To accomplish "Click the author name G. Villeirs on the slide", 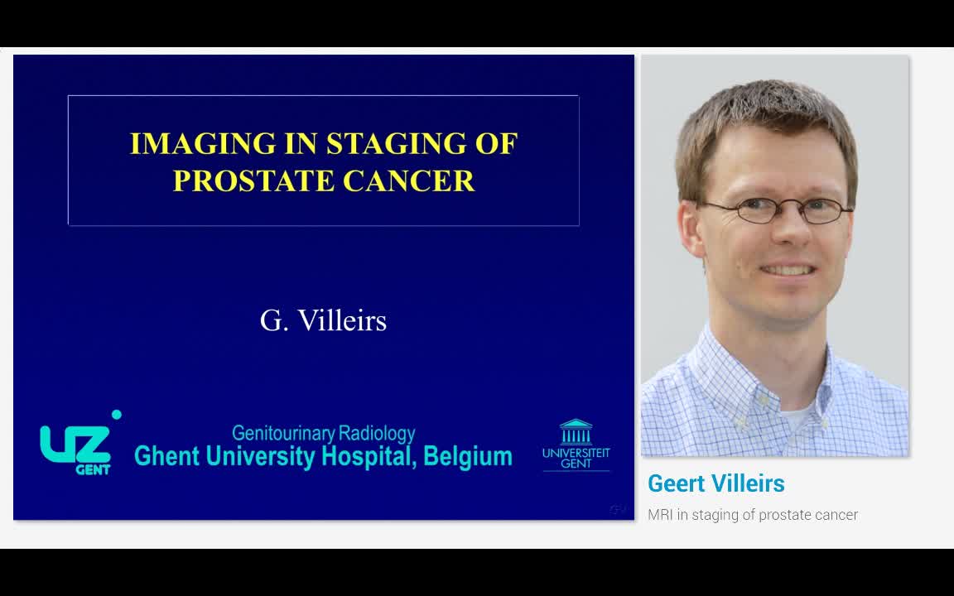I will [323, 320].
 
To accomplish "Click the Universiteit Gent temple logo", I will [576, 433].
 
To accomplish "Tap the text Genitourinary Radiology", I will [323, 433].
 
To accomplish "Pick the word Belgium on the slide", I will [467, 456].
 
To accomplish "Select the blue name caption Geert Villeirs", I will [715, 483].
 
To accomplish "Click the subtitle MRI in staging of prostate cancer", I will [752, 515].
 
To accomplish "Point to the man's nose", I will [783, 236].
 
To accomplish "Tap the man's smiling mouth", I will [787, 270].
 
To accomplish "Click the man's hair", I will [762, 116].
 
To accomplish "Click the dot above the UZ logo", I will [116, 415].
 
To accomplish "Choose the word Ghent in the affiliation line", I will [166, 456].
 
